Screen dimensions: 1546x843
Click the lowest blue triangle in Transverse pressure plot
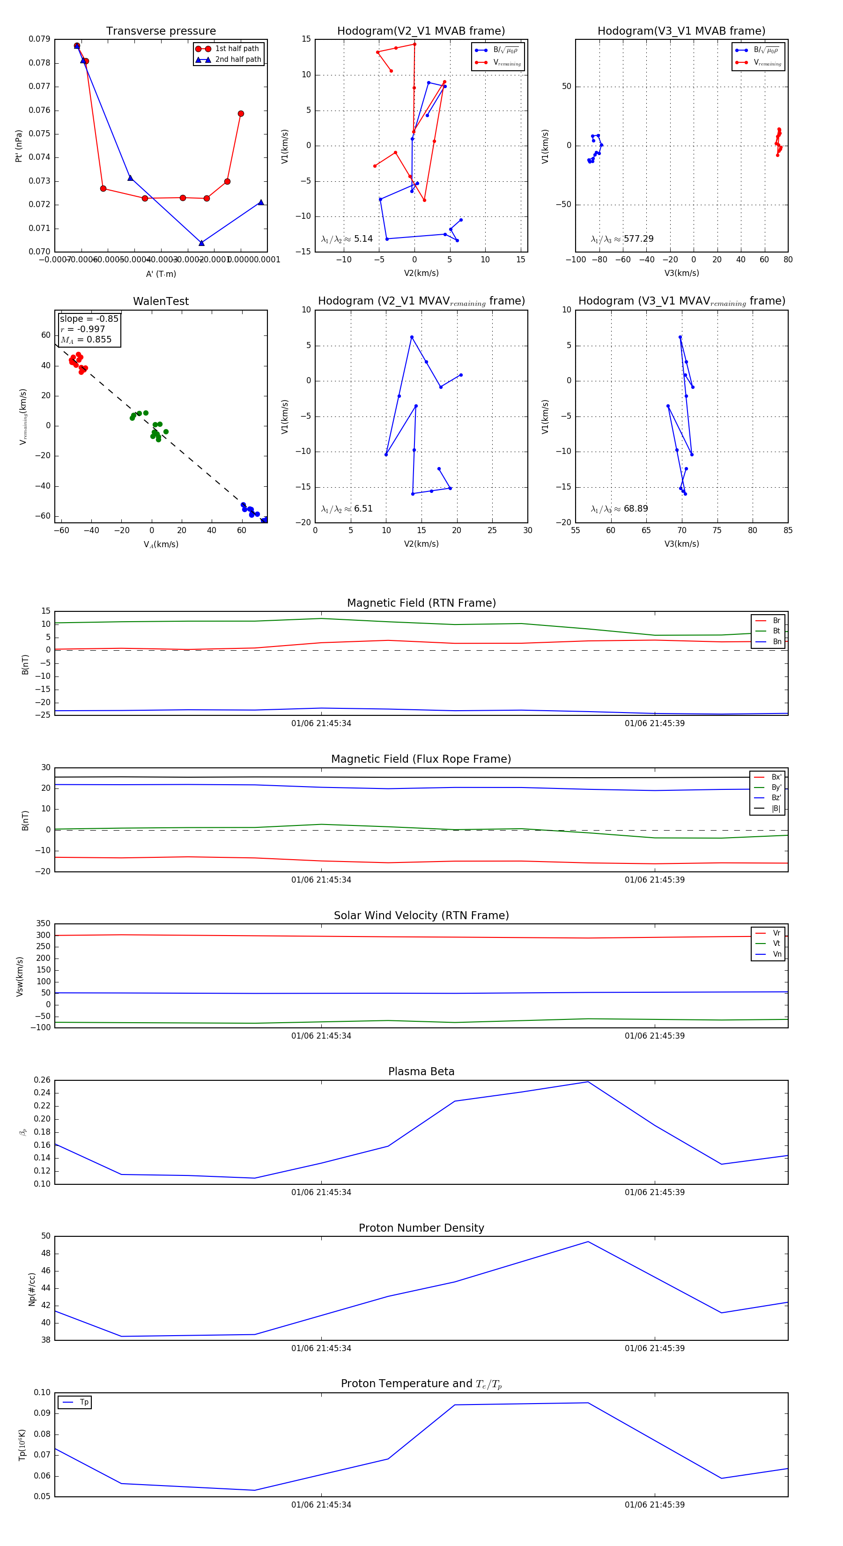point(201,243)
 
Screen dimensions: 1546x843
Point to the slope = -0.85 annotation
point(89,319)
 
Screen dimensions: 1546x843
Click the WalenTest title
point(161,301)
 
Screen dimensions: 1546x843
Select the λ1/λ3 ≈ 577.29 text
point(622,239)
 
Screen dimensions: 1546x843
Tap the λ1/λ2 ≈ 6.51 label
point(347,509)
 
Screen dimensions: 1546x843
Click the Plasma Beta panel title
point(421,1072)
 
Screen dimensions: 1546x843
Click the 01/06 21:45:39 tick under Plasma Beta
point(655,1192)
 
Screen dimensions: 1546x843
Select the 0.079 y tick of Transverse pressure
point(40,39)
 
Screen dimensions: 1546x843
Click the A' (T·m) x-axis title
point(161,274)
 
